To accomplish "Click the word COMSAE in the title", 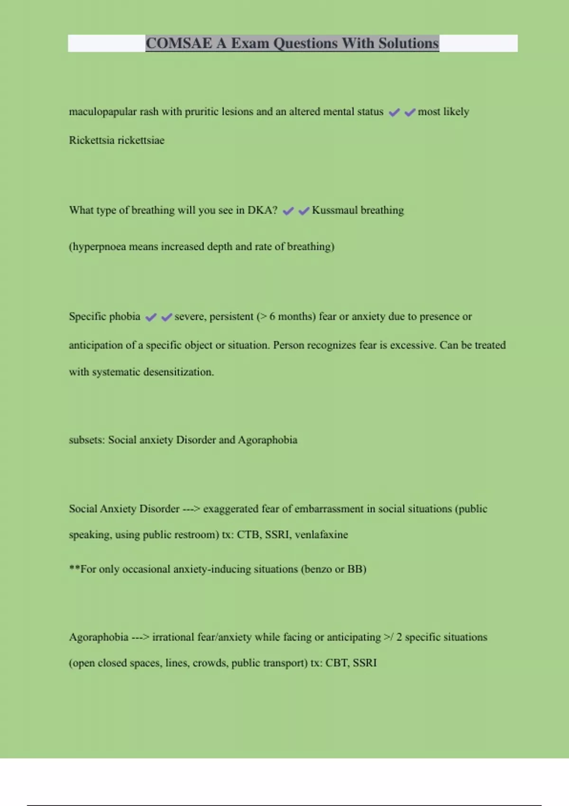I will coord(179,43).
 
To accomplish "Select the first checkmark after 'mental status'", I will coord(394,112).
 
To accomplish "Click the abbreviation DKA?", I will coord(262,210).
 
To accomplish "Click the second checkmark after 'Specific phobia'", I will coord(166,317).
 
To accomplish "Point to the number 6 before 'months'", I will coord(272,317).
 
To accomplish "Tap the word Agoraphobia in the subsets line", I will coord(267,440).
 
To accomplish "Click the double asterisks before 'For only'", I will coord(74,568).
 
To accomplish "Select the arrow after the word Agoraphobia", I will coord(140,637).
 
